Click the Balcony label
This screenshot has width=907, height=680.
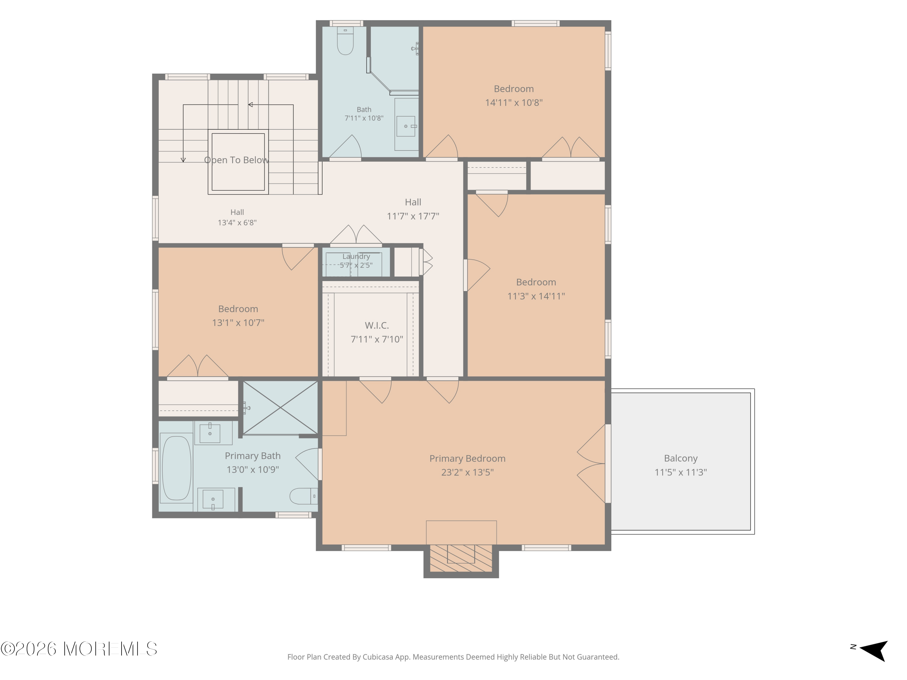click(681, 458)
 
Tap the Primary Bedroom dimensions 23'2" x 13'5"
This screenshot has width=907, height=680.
click(467, 472)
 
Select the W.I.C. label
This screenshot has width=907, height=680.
click(377, 325)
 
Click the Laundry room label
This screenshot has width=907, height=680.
click(356, 256)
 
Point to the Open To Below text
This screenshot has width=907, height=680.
click(237, 160)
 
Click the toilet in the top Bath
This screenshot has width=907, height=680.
click(345, 41)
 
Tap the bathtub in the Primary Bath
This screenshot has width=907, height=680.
click(176, 468)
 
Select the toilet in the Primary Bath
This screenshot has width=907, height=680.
click(304, 496)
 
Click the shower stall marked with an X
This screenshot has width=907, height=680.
click(281, 408)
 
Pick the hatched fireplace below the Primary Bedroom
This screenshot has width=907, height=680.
click(461, 558)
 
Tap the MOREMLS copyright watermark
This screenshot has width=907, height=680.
click(79, 649)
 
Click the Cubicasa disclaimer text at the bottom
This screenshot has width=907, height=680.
click(453, 657)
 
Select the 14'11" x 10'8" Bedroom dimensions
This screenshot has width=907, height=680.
click(514, 102)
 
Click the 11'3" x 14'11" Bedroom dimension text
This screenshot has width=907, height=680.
click(536, 296)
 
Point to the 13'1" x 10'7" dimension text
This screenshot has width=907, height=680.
click(238, 322)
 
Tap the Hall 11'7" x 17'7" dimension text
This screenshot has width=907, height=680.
click(413, 216)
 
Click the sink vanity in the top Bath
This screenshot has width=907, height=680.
click(406, 124)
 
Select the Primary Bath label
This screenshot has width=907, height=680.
click(252, 456)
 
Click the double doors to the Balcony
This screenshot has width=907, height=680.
click(591, 464)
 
